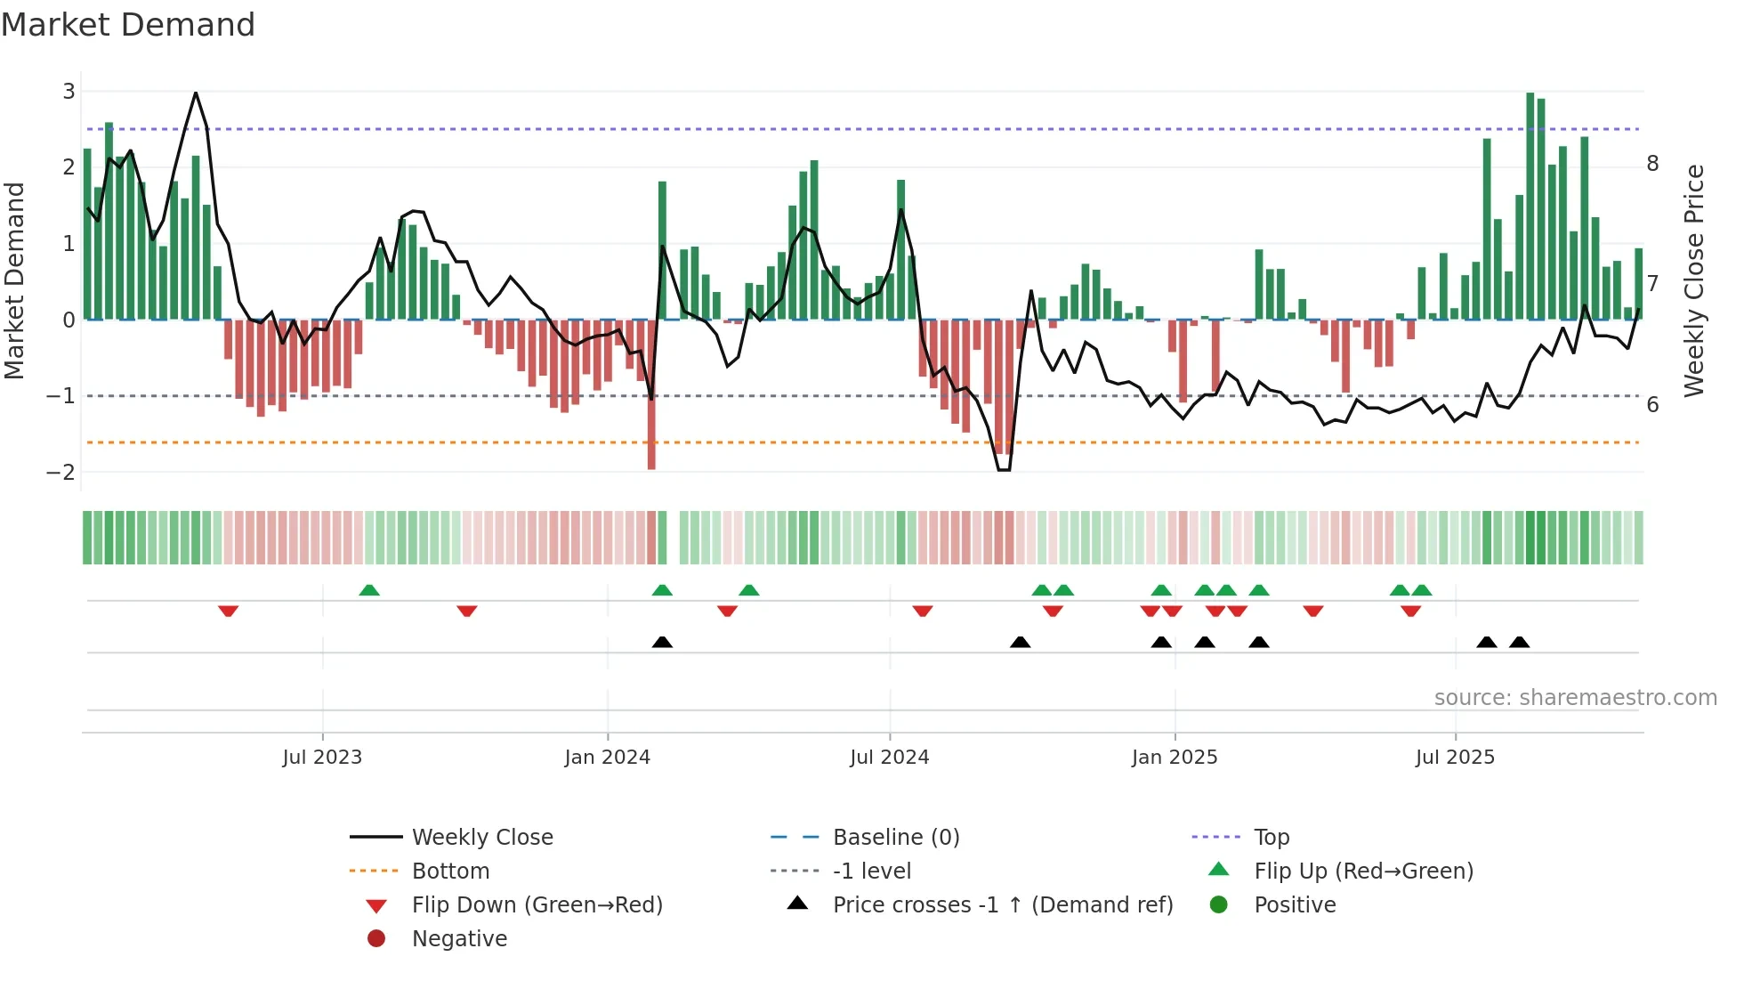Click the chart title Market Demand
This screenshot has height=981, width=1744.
tap(128, 25)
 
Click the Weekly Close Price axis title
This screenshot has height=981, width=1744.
tap(1694, 280)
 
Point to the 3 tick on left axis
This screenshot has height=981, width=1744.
tap(69, 92)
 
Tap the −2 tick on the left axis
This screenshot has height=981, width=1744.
tap(61, 473)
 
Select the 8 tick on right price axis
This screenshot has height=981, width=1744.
tap(1652, 164)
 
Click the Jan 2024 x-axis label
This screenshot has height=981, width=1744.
tap(607, 758)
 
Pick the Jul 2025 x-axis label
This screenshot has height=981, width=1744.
tap(1455, 758)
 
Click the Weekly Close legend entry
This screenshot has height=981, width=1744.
tap(481, 838)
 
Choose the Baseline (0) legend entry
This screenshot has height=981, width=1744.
tap(895, 838)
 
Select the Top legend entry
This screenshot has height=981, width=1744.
tap(1271, 838)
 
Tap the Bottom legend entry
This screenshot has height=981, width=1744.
tap(450, 872)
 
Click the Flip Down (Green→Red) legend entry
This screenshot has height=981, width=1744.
tap(537, 905)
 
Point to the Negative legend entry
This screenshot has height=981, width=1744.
tap(459, 939)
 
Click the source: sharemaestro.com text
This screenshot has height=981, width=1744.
tap(1575, 698)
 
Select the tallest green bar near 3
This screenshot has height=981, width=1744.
tap(1530, 205)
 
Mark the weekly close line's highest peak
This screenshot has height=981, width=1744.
tap(196, 93)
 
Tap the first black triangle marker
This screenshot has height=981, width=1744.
tap(662, 642)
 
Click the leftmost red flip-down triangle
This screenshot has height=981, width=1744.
tap(229, 611)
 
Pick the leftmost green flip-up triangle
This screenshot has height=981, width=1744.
tap(369, 590)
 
